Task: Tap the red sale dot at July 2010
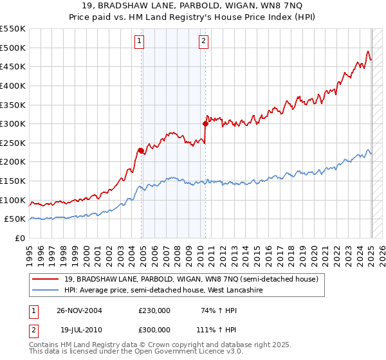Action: [x=205, y=123]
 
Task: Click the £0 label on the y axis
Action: [x=20, y=238]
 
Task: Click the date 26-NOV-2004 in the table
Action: [x=79, y=310]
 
